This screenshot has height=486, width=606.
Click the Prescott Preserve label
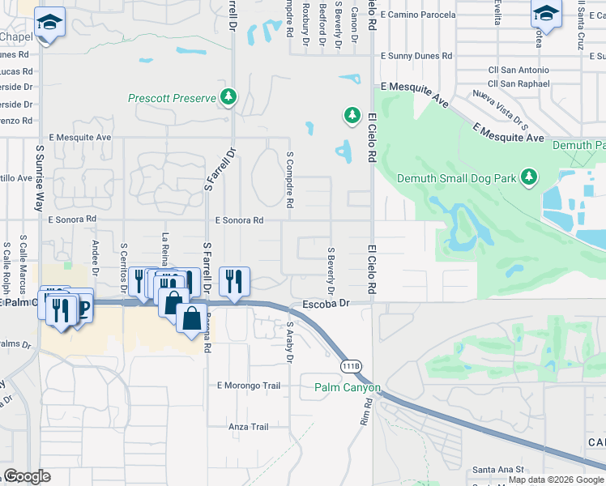coord(173,98)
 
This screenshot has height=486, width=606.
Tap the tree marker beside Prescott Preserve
coord(229,97)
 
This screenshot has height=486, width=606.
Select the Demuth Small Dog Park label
coord(455,178)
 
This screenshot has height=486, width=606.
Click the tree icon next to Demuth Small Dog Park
coord(528,177)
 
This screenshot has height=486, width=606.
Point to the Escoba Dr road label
coord(325,304)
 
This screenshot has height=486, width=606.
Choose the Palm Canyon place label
coord(347,388)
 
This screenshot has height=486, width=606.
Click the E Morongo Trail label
coord(248,386)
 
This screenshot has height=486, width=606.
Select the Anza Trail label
coord(248,427)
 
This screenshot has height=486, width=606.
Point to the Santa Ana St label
coord(498,469)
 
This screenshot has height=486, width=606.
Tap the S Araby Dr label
coord(289,343)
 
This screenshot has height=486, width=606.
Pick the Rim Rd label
coord(365,417)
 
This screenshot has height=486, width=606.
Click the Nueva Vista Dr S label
coord(501,110)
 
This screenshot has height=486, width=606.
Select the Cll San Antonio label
coord(519,70)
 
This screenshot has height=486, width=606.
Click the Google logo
coord(27,476)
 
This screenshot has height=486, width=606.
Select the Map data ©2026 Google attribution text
coord(555,480)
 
